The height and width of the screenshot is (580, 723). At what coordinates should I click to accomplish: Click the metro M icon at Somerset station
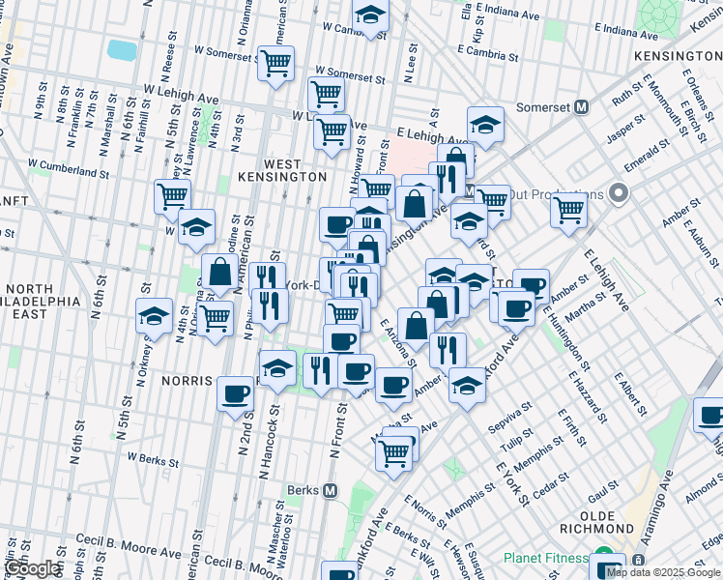[582, 107]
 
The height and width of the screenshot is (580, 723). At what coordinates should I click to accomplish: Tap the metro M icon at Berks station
[331, 490]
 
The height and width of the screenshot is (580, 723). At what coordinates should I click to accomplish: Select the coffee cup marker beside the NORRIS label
[235, 393]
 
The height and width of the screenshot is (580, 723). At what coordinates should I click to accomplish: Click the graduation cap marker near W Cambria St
[369, 14]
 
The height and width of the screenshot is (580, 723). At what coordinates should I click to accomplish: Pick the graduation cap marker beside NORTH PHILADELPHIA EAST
[153, 315]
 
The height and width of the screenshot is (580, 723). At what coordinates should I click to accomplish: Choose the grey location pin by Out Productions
[620, 194]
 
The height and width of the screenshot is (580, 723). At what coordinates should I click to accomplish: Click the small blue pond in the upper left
[123, 49]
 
